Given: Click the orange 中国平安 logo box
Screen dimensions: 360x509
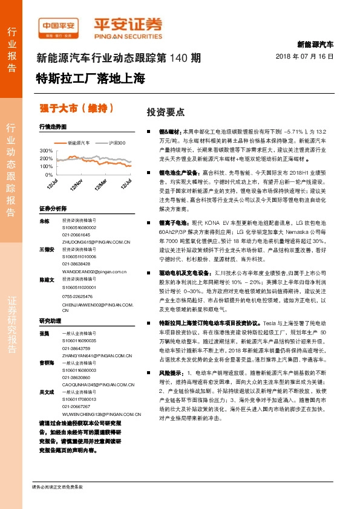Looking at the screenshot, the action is pos(59,26).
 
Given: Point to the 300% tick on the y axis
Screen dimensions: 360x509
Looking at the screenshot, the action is pos(46,150).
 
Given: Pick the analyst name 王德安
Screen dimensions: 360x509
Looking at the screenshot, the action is pos(47,249).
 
